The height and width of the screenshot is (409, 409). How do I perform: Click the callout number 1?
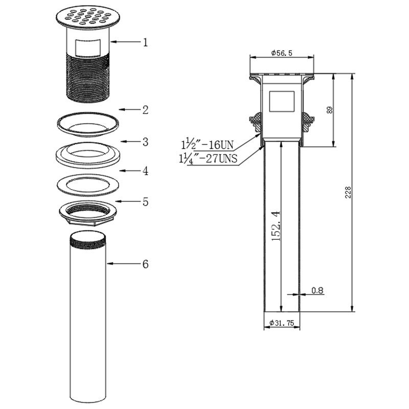pyautogui.click(x=145, y=42)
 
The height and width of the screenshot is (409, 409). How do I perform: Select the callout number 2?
pyautogui.click(x=145, y=109)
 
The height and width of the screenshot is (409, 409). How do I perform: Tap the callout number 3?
pyautogui.click(x=145, y=142)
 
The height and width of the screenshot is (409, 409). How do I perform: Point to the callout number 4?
pyautogui.click(x=145, y=171)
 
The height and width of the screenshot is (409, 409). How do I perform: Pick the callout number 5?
pyautogui.click(x=145, y=202)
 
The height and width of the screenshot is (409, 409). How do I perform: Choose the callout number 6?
pyautogui.click(x=145, y=264)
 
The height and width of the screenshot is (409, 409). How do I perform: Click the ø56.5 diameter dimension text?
pyautogui.click(x=282, y=53)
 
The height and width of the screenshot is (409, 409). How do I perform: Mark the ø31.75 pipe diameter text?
pyautogui.click(x=282, y=323)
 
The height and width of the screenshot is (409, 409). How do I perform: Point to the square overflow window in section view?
pyautogui.click(x=282, y=102)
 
